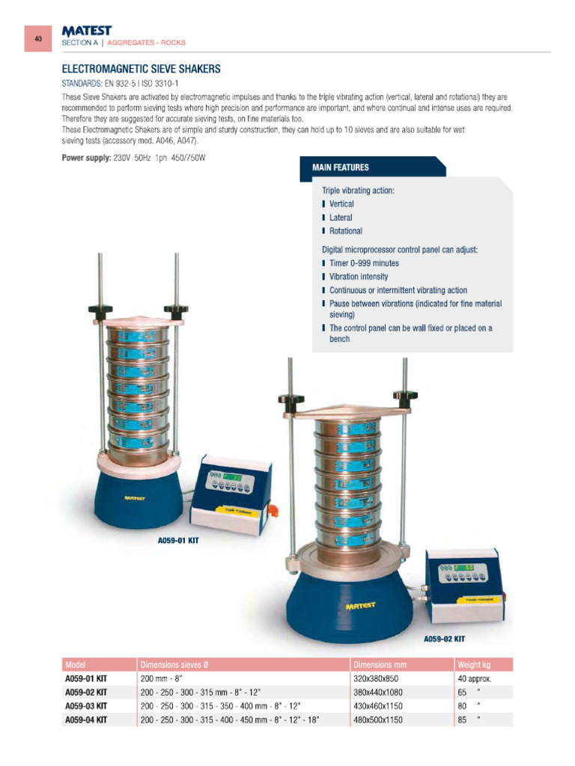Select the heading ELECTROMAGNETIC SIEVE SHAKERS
tap(141, 69)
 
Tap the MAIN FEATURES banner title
tap(340, 167)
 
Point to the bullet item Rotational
tap(345, 231)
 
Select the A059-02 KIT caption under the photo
tap(444, 639)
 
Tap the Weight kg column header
tap(474, 664)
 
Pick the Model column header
tap(76, 664)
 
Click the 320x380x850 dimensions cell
tap(377, 678)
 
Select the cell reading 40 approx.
tap(474, 678)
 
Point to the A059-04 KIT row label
tap(86, 720)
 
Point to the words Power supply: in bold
tap(86, 159)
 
